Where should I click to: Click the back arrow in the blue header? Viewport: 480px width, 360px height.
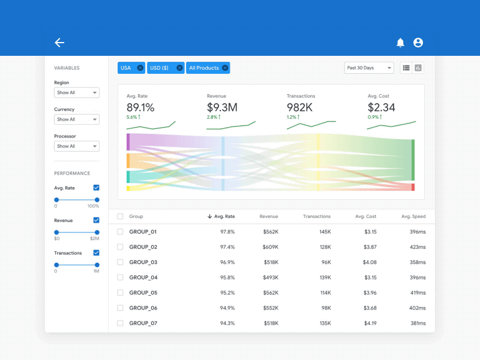(59, 43)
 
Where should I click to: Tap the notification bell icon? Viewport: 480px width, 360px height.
(400, 43)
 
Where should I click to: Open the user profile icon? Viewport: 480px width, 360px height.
(418, 43)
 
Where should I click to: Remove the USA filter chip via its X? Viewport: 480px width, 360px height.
(140, 68)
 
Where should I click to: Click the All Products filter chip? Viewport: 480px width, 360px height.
(204, 68)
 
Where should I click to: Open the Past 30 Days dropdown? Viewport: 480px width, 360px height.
(369, 68)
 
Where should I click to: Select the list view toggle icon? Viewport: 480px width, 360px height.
(406, 68)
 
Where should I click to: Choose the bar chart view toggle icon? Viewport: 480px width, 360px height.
(418, 68)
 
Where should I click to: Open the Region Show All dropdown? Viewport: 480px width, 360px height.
(77, 92)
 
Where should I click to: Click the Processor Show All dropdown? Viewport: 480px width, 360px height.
(77, 146)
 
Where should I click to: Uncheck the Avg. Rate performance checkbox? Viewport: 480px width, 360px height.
(96, 188)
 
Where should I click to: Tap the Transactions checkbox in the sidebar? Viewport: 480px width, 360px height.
(96, 253)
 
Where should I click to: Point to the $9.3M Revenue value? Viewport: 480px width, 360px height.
(222, 107)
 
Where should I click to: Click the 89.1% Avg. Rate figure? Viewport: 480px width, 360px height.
(140, 107)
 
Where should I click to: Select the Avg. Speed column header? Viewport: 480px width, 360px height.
(413, 217)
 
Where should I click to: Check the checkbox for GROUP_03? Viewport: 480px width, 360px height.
(120, 262)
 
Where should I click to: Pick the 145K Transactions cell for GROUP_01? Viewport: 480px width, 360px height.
(325, 232)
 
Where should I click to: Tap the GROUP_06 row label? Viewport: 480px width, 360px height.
(143, 308)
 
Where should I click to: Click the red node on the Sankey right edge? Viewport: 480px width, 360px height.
(413, 187)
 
